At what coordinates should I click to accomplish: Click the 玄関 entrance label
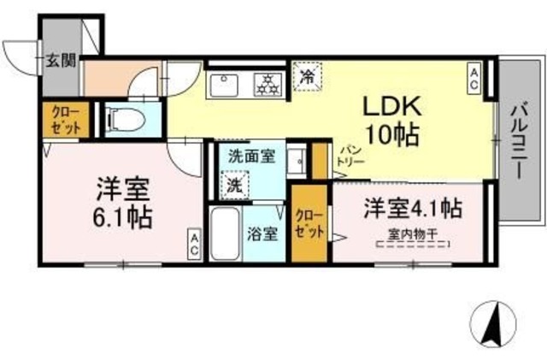tap(62, 61)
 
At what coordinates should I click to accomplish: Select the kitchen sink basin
tap(224, 86)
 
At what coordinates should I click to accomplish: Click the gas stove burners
tap(268, 85)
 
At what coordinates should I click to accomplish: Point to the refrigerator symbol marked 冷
tap(308, 76)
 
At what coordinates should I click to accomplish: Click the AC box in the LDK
tap(474, 79)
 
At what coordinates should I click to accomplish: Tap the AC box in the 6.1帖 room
tap(194, 245)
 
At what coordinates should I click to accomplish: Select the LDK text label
tap(392, 107)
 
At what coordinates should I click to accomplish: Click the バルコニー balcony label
tap(519, 143)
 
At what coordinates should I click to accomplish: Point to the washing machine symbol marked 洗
tap(235, 185)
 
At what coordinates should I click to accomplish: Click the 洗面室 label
tap(252, 156)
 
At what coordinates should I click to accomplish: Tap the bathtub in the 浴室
tap(226, 233)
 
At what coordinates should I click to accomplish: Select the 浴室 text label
tap(262, 234)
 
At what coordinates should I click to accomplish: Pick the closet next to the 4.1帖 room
tap(309, 223)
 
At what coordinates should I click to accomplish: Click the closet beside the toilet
tap(66, 120)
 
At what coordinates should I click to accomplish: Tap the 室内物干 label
tap(412, 234)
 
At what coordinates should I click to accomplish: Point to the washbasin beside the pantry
tap(297, 161)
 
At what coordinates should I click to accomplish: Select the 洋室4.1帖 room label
tap(413, 209)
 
